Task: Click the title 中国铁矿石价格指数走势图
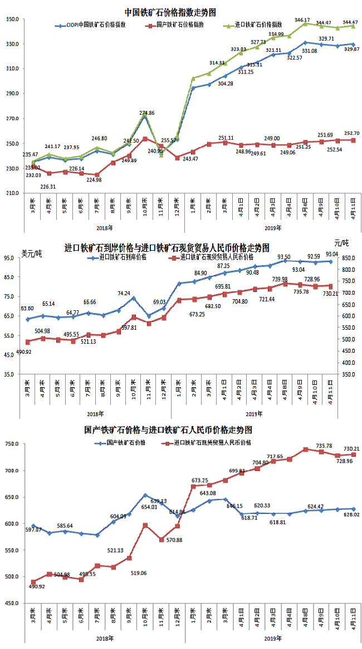pos(170,12)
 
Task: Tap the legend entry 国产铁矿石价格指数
pos(180,25)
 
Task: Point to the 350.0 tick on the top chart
pos(12,19)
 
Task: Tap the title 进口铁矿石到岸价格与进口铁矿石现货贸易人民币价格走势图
pos(167,247)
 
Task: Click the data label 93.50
pos(284,257)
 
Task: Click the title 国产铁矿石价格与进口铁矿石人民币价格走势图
pos(168,430)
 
